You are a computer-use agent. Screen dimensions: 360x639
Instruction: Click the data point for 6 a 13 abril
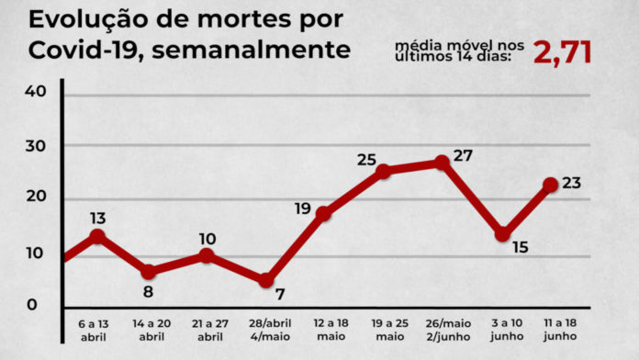pos(97,237)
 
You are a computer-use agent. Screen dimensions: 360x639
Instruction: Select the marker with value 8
pos(149,272)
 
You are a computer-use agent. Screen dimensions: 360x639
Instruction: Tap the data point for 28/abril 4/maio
pos(266,280)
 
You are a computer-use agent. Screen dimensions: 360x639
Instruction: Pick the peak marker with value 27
pos(442,163)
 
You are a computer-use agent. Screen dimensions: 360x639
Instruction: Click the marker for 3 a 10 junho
pos(502,234)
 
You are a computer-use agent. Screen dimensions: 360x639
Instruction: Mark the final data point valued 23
pos(551,185)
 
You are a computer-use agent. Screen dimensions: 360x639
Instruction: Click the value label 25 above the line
pos(366,160)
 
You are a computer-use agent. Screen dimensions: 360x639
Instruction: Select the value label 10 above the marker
pos(207,239)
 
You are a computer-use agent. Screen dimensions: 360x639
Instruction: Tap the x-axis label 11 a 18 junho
pos(560,330)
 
